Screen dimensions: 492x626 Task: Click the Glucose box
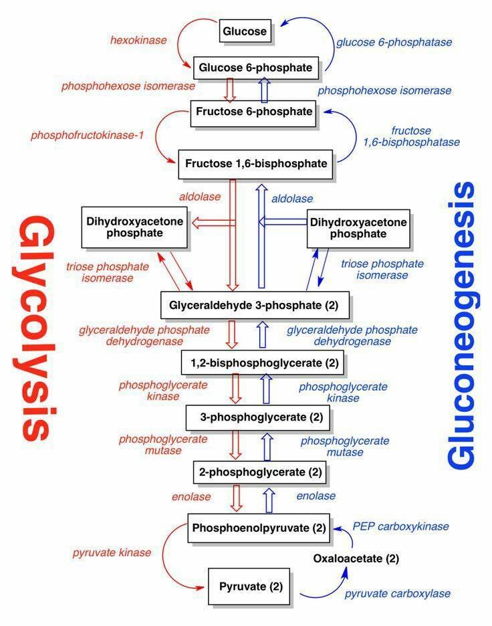[245, 31]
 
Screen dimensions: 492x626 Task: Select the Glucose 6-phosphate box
[256, 68]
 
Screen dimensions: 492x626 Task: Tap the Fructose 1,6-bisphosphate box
[255, 164]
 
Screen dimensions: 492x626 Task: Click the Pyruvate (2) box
[249, 587]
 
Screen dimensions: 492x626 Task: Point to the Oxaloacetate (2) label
[356, 558]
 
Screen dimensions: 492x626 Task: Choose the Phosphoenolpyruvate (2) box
[259, 528]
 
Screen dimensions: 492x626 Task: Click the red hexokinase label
[138, 40]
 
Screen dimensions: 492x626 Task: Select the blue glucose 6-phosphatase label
[394, 42]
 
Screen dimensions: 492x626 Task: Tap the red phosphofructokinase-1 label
[87, 135]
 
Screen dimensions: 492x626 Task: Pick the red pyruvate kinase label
[112, 552]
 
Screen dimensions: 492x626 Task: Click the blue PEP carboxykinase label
[400, 526]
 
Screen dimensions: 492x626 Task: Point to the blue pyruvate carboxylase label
[398, 594]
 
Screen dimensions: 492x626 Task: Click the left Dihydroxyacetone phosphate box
[134, 227]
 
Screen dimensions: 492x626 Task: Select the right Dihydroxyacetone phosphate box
[358, 228]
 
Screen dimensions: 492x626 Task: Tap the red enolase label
[191, 497]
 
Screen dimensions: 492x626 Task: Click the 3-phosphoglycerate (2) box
[258, 417]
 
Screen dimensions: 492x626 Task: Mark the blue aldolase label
[292, 199]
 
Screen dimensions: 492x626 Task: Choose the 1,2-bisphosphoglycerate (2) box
[263, 362]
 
